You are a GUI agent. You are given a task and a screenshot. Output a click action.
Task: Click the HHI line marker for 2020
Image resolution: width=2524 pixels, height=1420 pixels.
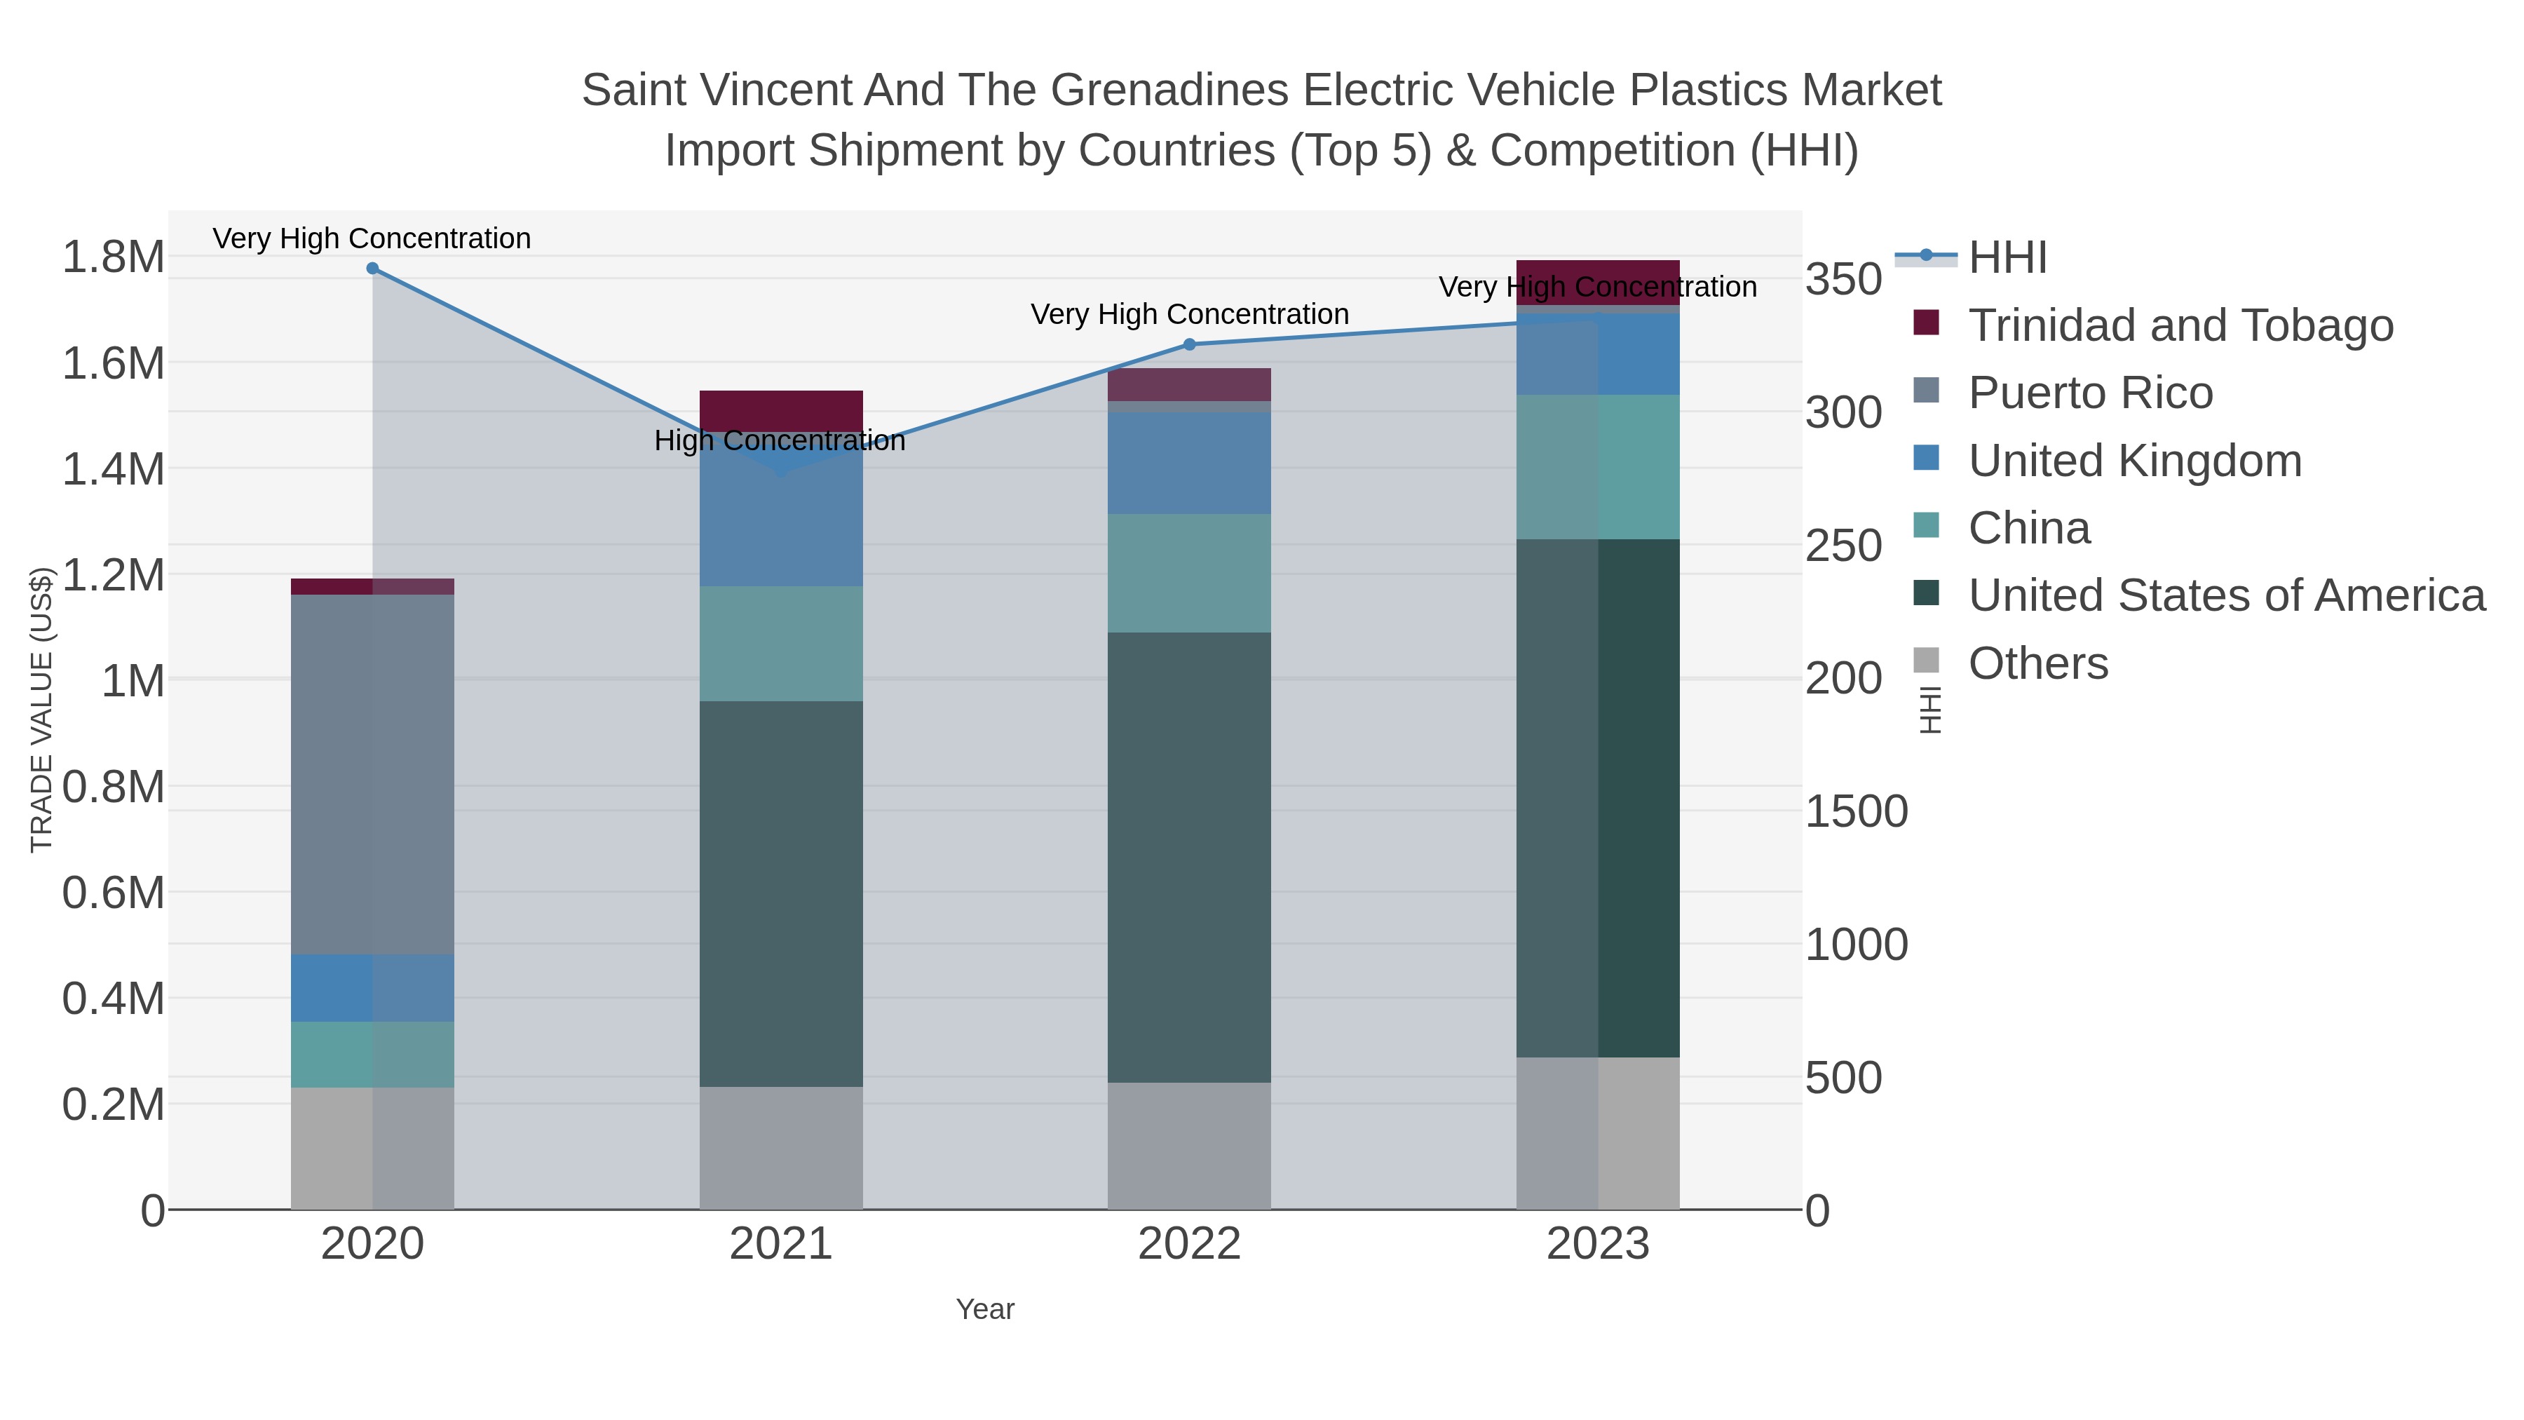click(372, 269)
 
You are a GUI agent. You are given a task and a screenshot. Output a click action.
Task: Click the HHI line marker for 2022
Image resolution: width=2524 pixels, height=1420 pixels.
click(1190, 344)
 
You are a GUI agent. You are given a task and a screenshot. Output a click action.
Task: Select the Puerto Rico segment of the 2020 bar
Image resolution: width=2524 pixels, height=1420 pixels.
click(372, 774)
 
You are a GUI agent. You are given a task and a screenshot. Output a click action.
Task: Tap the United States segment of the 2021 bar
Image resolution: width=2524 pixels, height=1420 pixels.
click(781, 894)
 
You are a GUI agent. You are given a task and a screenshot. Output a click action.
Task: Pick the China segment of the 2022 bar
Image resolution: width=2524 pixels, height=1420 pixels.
click(1190, 574)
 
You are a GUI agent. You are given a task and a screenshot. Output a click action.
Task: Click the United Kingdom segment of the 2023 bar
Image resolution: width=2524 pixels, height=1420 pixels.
click(1598, 355)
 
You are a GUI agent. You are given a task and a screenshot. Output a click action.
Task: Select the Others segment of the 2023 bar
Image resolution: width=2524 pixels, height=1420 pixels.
click(1598, 1133)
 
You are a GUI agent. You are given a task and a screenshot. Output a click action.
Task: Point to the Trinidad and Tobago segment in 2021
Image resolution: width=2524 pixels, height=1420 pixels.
click(781, 410)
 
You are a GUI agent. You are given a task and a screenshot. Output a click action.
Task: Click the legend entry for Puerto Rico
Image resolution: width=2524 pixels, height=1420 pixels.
click(2090, 393)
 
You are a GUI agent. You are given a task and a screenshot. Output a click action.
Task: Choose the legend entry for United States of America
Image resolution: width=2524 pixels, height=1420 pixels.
click(2226, 596)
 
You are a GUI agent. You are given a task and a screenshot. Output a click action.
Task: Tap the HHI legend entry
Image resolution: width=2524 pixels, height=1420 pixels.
click(2007, 258)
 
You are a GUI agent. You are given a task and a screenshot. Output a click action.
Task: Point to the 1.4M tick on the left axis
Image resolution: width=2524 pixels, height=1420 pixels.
click(114, 469)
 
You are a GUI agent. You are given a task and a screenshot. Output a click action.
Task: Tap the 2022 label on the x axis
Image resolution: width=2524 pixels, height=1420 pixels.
click(1190, 1245)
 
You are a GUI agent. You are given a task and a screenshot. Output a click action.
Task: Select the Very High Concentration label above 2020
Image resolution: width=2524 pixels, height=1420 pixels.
click(372, 239)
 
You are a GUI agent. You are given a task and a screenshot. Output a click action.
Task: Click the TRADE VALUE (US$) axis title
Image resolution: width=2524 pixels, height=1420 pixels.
click(41, 710)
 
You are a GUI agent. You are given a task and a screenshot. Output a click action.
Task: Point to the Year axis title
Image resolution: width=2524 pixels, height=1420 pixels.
click(985, 1309)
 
